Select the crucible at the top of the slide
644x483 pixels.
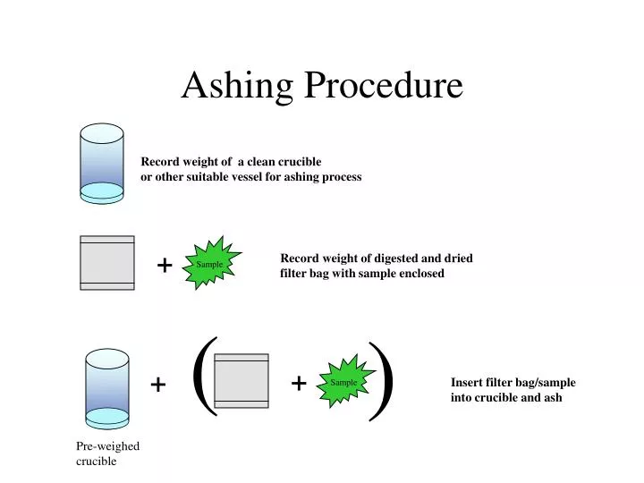point(102,162)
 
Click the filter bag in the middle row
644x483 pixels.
point(107,263)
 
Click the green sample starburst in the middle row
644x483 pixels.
point(211,264)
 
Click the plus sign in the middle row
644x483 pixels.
point(165,266)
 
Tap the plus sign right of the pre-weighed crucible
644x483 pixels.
point(158,385)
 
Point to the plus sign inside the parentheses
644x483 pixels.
point(299,383)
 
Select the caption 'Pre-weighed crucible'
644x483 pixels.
point(107,453)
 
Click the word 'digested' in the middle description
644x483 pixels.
point(379,258)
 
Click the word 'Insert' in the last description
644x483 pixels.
point(467,382)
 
